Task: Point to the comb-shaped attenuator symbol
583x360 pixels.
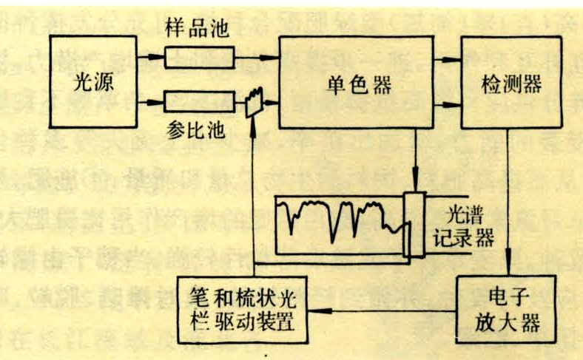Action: (255, 101)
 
